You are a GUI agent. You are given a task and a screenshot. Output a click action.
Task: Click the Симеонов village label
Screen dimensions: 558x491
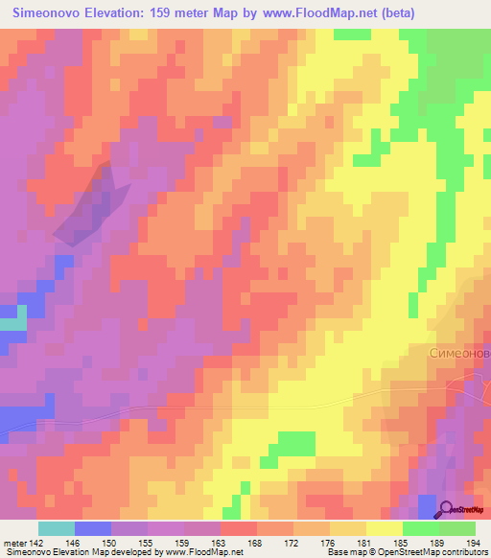pos(458,353)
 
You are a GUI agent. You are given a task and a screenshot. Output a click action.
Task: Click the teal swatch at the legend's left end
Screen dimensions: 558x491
pos(56,528)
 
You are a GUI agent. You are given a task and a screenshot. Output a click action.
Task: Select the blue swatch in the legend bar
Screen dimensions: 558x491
pos(92,528)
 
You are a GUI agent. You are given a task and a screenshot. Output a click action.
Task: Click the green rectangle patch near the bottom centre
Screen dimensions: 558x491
pos(295,443)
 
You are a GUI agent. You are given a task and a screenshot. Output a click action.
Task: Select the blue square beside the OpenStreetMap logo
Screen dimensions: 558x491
pos(427,502)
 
